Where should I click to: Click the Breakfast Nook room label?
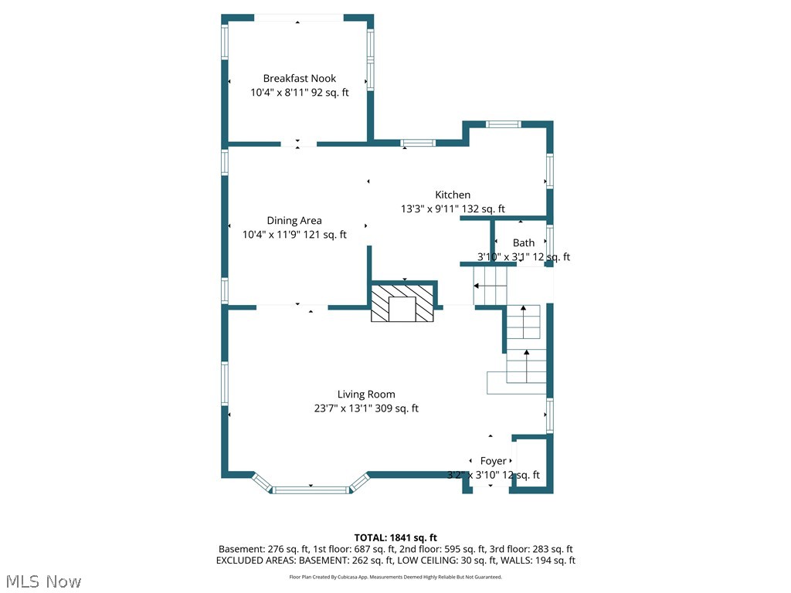point(299,79)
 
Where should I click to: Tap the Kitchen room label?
point(452,195)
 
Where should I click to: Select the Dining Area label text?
point(294,221)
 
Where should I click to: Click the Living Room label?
point(365,395)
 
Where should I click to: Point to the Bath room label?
point(523,243)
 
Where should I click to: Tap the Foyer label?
point(493,461)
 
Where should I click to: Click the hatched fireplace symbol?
point(403,303)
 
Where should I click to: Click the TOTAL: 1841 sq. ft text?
point(395,537)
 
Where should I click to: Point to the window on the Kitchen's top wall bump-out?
point(503,124)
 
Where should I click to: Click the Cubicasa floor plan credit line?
point(395,577)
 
